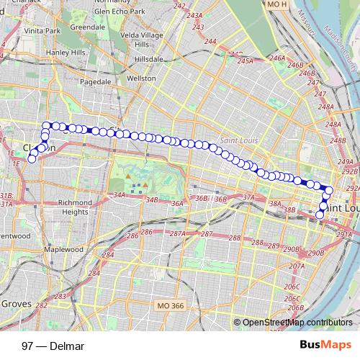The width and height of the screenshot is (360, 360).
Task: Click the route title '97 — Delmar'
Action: point(53,346)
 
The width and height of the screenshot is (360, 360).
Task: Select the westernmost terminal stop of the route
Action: point(31,159)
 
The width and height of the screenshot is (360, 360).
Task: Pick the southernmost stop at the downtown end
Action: point(320,215)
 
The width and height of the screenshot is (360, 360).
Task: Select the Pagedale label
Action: point(95,83)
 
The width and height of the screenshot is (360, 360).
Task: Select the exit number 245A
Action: point(246,62)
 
